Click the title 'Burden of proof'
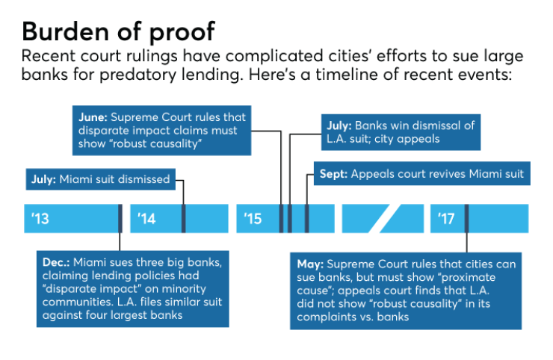(119, 31)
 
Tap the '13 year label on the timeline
(40, 219)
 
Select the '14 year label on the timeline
(146, 219)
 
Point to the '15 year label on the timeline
(253, 219)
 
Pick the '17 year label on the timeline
(447, 219)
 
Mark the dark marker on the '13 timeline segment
(120, 218)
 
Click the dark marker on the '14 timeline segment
(183, 218)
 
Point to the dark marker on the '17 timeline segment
(466, 218)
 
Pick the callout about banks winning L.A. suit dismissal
(401, 132)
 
